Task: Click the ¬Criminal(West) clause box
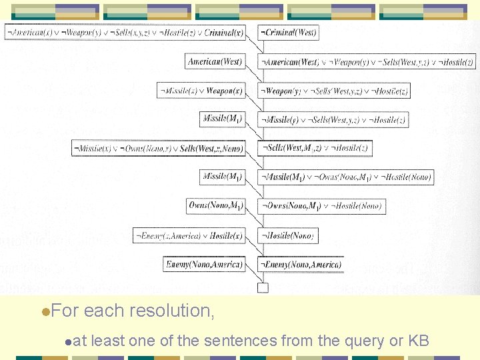pos(288,32)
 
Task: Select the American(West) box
pos(215,61)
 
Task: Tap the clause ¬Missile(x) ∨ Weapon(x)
pos(201,91)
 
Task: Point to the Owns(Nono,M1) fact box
pos(216,205)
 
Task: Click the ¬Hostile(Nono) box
pos(287,235)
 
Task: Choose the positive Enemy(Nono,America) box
pos(205,265)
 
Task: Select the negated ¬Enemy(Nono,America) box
pos(301,265)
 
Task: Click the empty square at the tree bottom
pos(263,288)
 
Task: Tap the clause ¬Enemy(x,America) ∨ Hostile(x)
pos(189,235)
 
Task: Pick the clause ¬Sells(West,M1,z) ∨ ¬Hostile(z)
pos(315,148)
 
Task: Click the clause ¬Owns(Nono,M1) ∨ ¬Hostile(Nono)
pos(321,206)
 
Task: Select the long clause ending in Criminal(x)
pos(125,32)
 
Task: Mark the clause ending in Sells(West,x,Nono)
pos(158,148)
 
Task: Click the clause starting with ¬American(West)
pos(367,61)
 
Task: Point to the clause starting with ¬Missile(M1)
pos(346,177)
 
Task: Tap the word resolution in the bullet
pos(171,311)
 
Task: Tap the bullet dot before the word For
pos(44,311)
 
